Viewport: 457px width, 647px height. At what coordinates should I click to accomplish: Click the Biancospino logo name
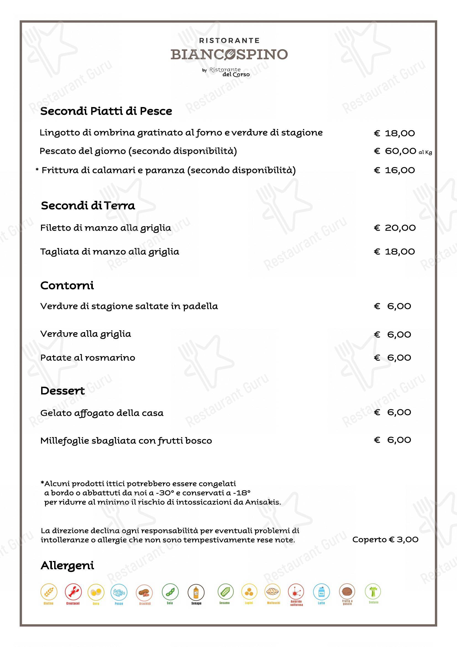(229, 54)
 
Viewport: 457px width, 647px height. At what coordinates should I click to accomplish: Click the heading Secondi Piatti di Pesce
(106, 111)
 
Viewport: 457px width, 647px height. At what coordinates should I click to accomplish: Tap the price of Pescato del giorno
(395, 151)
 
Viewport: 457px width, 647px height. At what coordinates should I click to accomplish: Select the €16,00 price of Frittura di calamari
(395, 170)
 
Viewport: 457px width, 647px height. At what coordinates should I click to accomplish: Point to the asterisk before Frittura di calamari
(37, 170)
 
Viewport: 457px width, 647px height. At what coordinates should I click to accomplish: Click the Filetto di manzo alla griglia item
(106, 228)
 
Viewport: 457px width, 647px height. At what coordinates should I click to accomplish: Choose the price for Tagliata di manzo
(395, 251)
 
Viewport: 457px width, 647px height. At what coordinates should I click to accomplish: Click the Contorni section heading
(67, 285)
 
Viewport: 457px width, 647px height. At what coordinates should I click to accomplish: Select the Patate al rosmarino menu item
(88, 358)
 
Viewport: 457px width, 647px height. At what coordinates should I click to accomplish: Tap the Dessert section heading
(62, 391)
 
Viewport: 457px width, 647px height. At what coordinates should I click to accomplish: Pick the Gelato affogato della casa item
(102, 413)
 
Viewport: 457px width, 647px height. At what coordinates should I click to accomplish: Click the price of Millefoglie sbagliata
(393, 440)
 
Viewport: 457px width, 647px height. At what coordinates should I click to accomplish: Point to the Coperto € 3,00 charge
(385, 539)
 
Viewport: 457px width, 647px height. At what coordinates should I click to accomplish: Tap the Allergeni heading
(67, 566)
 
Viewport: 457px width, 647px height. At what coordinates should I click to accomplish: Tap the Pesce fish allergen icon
(119, 592)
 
